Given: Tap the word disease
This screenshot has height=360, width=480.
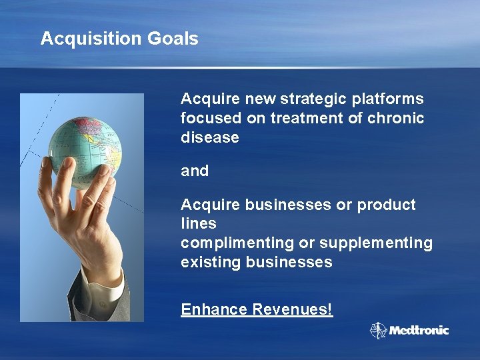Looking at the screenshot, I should click(209, 138).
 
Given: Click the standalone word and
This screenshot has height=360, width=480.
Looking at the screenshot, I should click(195, 171).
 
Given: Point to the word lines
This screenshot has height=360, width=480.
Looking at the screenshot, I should click(199, 224).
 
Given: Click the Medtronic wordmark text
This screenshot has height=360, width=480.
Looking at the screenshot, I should click(419, 331).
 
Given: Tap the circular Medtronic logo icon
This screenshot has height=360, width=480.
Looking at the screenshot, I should click(379, 331).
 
